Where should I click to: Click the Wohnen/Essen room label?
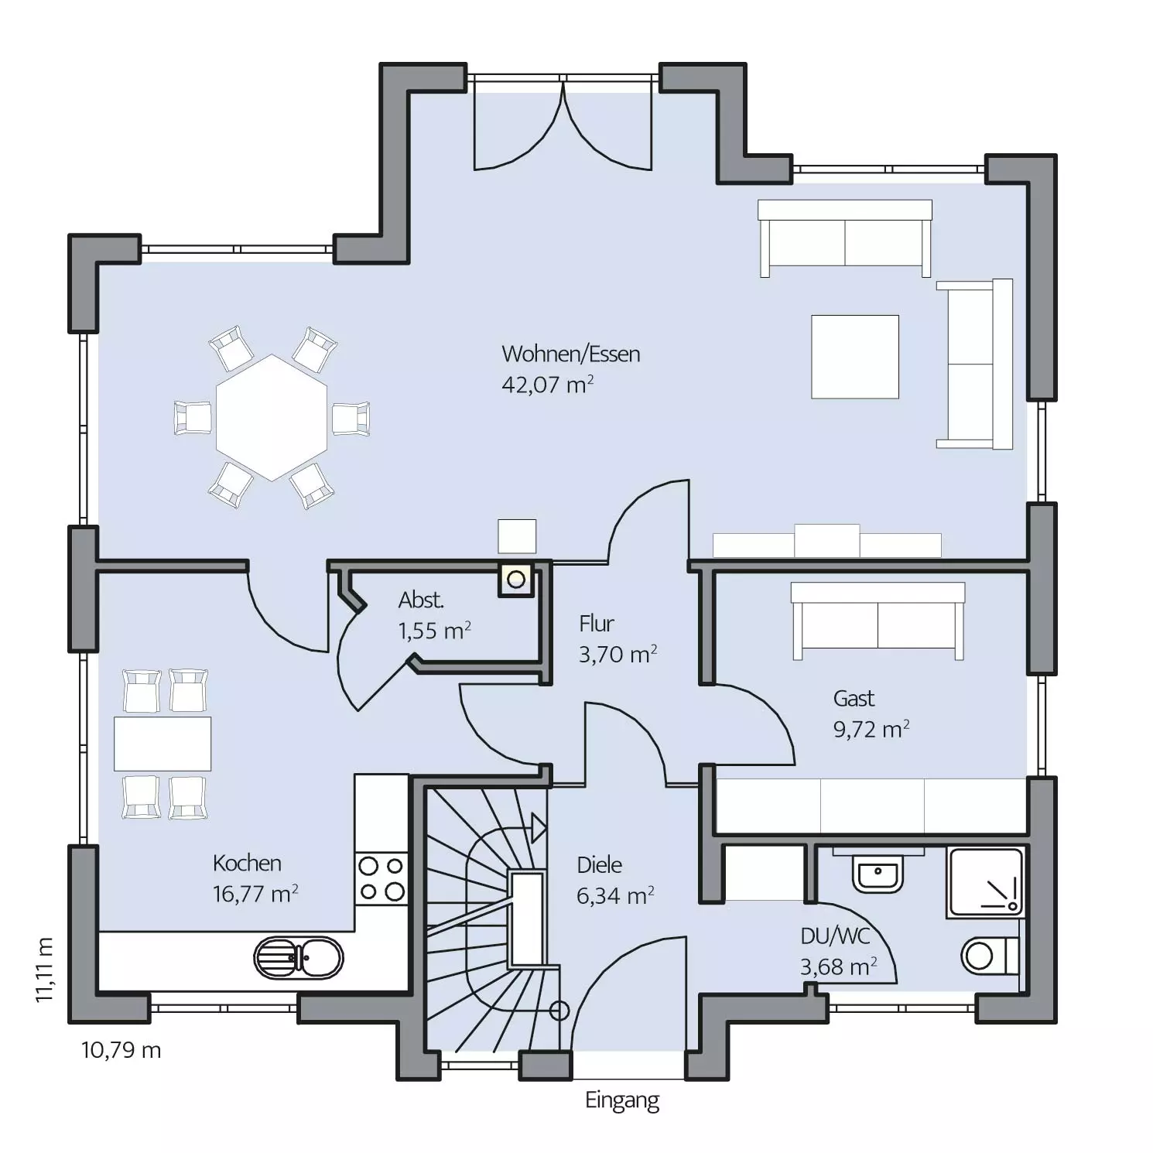571,354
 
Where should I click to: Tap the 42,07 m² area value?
548,384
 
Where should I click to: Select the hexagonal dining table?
272,418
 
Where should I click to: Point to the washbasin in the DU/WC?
878,873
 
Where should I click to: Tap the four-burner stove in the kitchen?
381,878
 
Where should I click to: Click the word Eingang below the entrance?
622,1101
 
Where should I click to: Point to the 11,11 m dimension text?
45,970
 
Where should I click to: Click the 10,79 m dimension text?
121,1050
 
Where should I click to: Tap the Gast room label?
854,699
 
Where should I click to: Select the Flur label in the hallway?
597,624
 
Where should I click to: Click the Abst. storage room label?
421,600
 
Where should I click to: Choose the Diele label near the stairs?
600,864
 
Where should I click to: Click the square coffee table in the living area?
855,357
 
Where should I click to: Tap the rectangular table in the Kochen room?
163,744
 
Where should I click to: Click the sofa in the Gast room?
878,621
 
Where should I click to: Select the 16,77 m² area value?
255,895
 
